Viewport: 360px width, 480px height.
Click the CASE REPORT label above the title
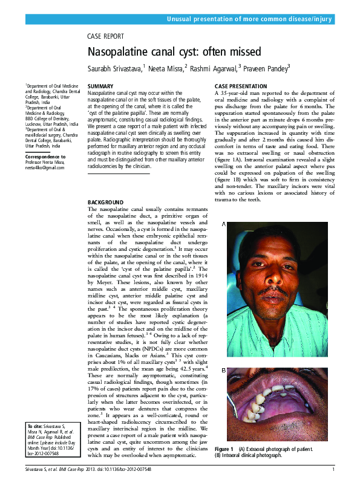tap(106, 36)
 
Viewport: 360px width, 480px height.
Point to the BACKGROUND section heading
tap(105, 202)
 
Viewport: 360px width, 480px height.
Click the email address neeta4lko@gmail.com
tap(45, 167)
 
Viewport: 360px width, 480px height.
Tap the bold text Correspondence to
tap(46, 157)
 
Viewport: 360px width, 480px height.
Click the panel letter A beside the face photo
tap(223, 224)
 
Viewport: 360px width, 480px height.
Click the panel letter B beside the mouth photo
tap(223, 369)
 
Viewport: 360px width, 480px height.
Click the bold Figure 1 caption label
tap(224, 450)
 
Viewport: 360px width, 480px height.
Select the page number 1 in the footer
tap(333, 470)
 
